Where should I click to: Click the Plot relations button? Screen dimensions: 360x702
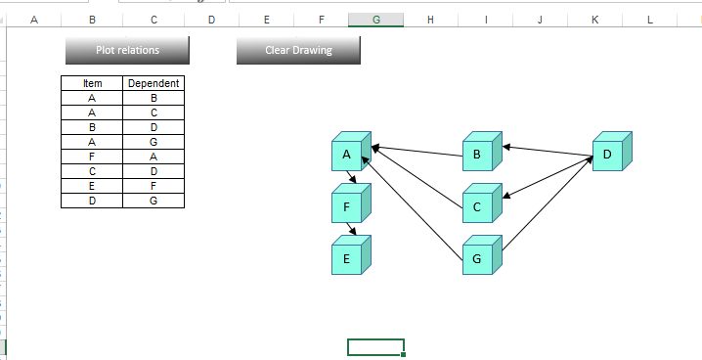click(127, 50)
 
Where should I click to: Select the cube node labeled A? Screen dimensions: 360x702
click(347, 155)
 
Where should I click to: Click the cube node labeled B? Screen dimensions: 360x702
click(477, 155)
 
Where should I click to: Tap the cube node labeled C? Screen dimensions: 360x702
click(477, 206)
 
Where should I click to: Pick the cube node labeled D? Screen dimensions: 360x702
click(607, 155)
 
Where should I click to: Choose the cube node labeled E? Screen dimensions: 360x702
click(347, 259)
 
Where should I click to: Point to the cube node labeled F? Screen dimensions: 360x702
click(347, 207)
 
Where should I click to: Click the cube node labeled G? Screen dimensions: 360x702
click(477, 259)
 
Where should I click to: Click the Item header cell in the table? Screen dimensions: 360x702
click(92, 84)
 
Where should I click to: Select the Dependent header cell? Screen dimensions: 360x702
click(154, 84)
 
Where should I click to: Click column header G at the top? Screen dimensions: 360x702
click(376, 19)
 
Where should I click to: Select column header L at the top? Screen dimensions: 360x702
click(650, 19)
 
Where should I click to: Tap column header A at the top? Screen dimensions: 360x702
click(34, 19)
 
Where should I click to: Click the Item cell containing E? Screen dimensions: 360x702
click(92, 186)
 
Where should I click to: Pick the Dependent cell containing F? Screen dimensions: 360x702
click(154, 186)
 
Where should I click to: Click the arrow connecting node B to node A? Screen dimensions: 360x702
click(417, 151)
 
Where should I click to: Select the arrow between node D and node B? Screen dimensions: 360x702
click(548, 152)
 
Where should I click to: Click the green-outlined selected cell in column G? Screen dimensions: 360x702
click(375, 346)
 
